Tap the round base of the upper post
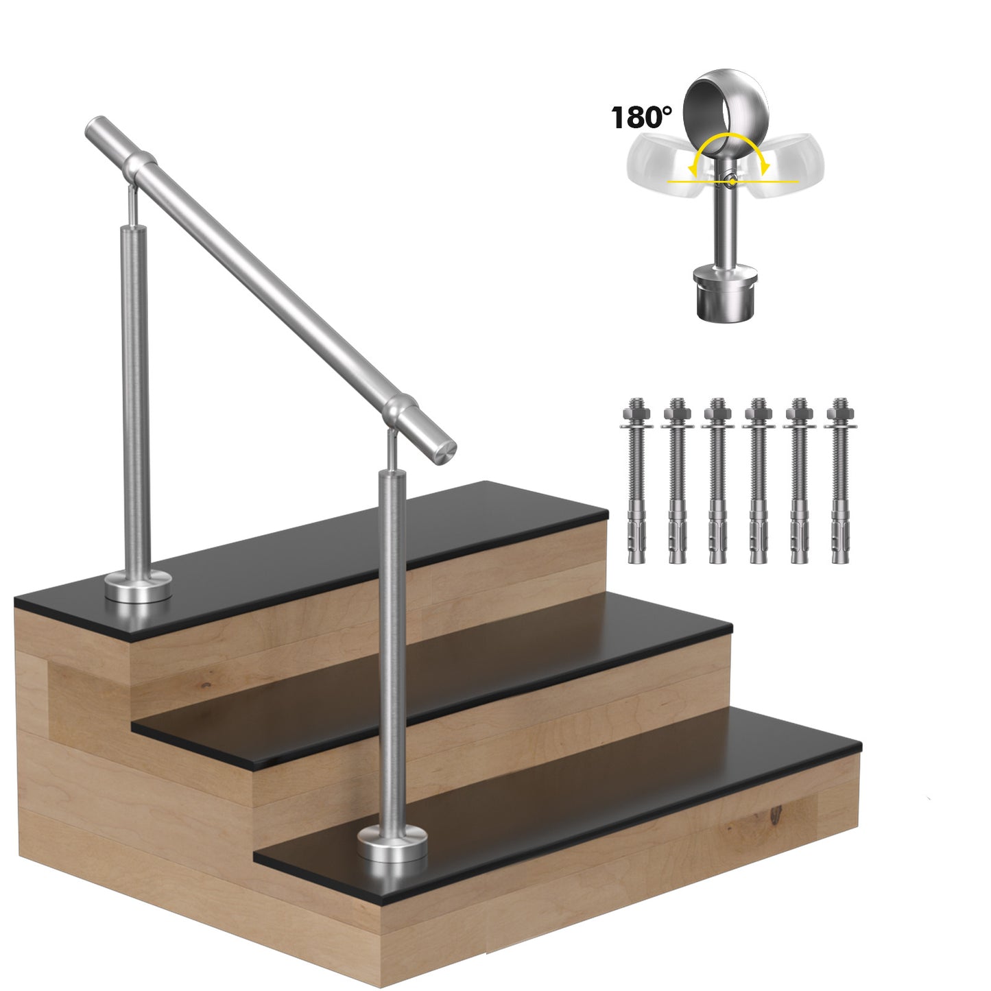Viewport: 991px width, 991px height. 139,588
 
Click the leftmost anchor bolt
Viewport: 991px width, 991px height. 636,480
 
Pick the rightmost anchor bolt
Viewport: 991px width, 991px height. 839,480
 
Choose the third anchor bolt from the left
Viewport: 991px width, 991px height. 717,480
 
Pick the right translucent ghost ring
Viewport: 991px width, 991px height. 793,165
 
